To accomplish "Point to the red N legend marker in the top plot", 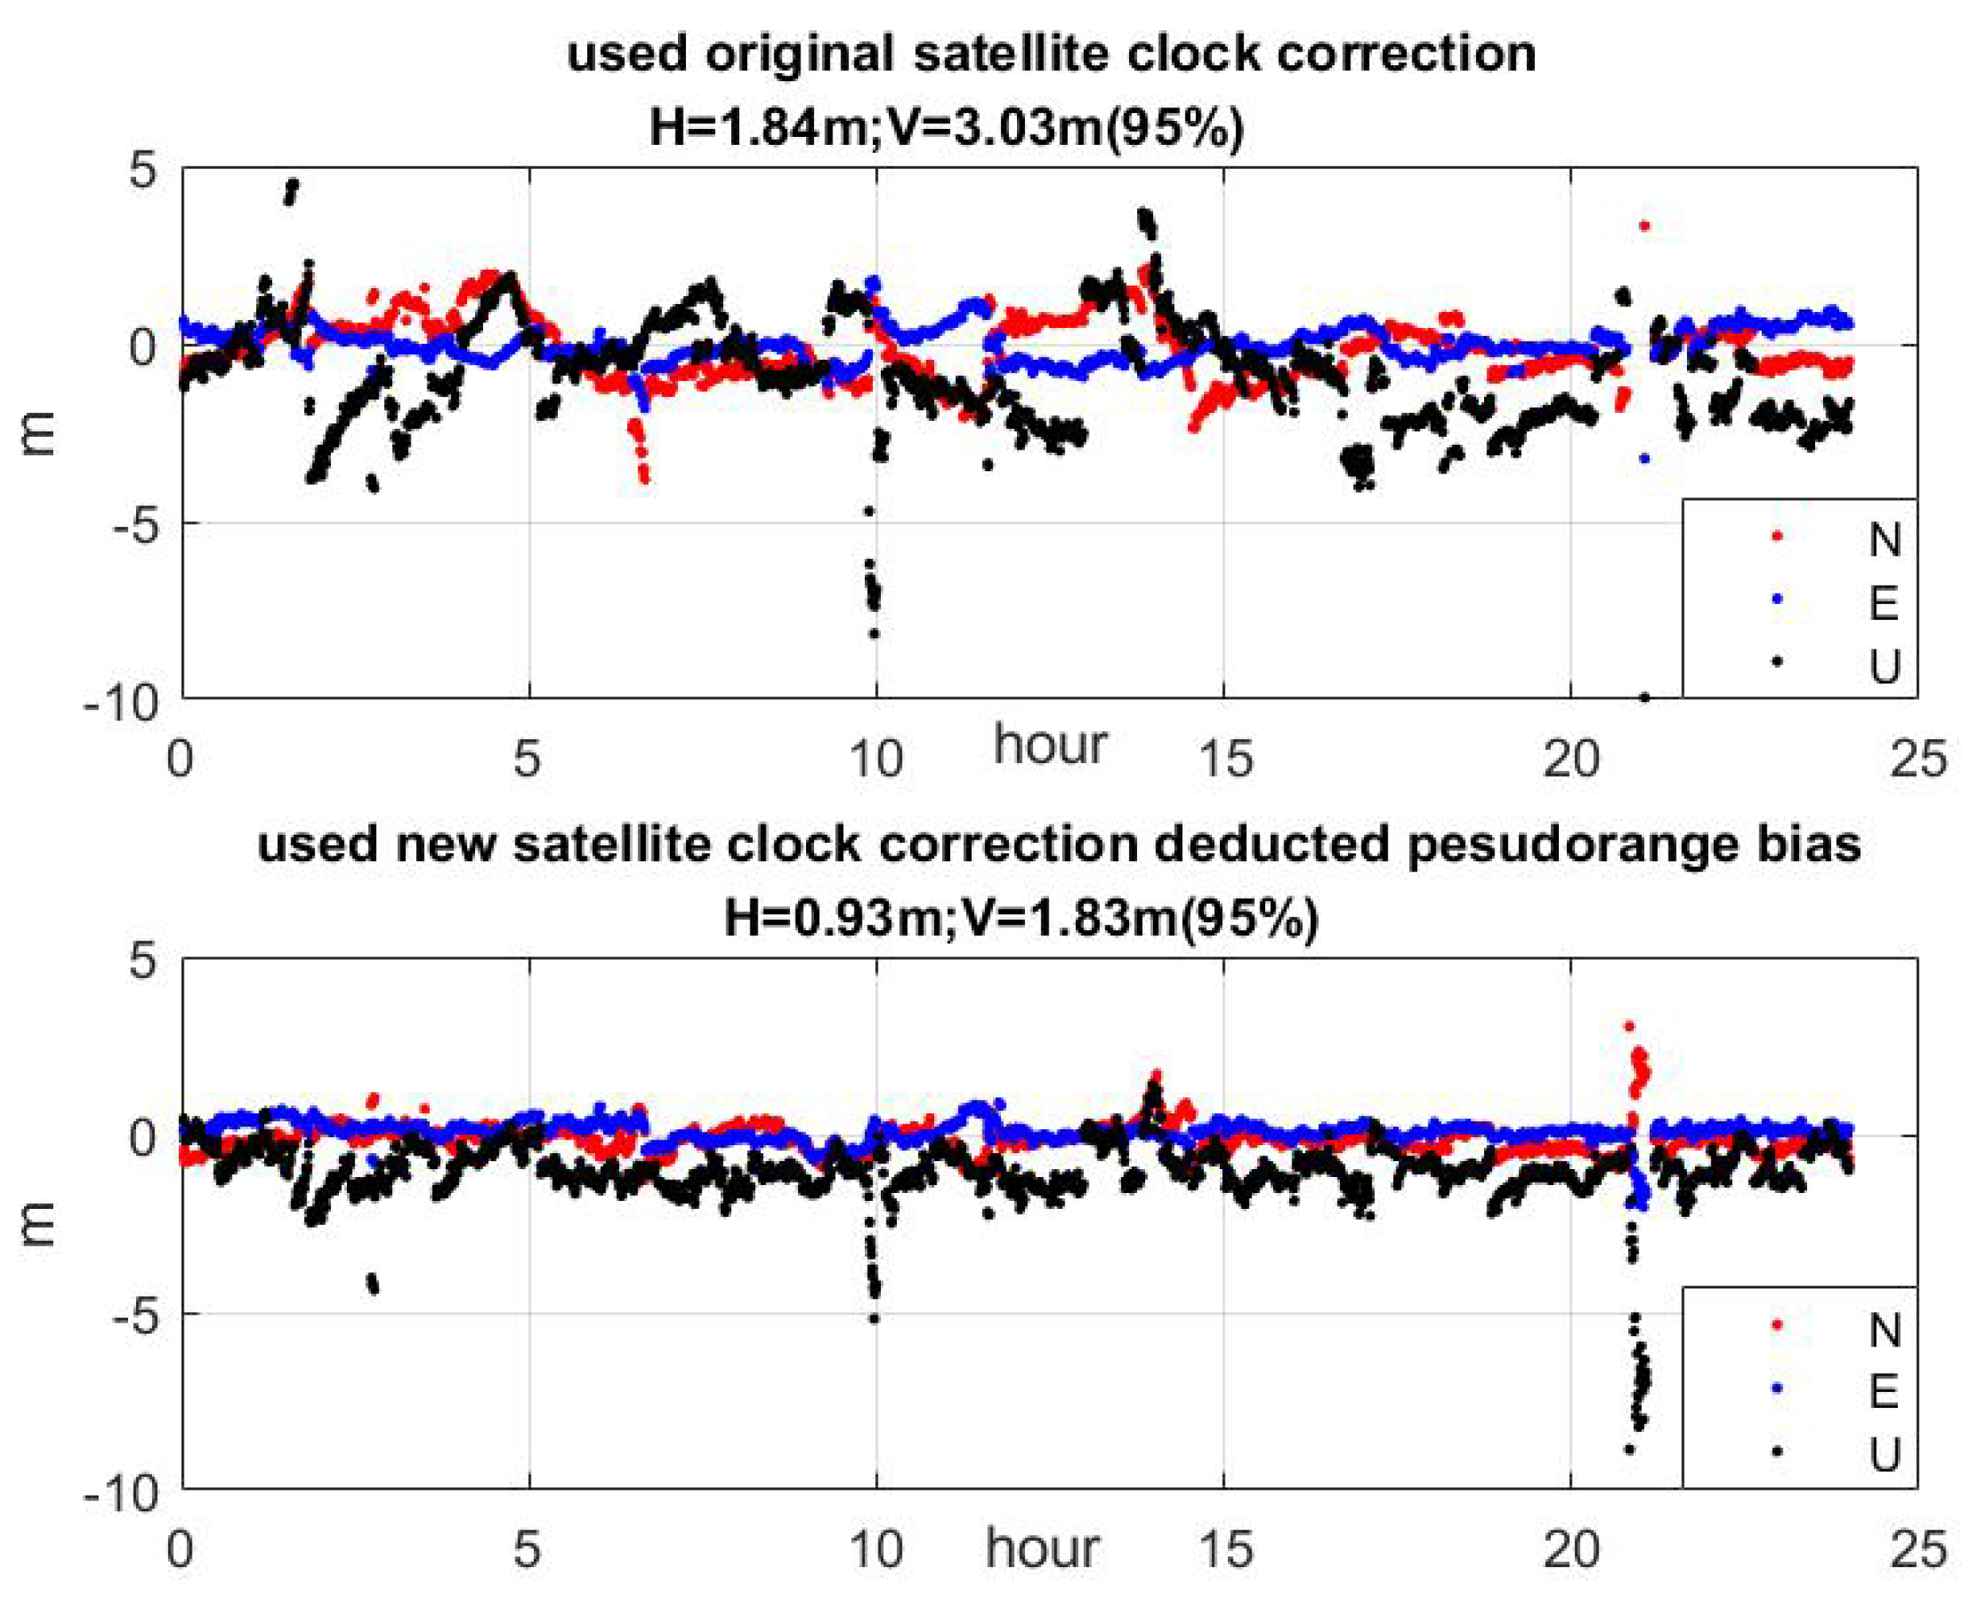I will [x=1776, y=536].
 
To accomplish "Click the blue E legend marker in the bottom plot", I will [x=1776, y=1388].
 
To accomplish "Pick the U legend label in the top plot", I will [x=1883, y=666].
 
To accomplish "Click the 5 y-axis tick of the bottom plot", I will [x=142, y=961].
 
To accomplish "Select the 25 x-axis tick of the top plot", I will [x=1917, y=758].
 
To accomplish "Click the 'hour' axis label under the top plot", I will [x=1049, y=746].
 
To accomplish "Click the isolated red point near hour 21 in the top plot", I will [x=1644, y=224].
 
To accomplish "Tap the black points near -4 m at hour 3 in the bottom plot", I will [x=372, y=1283].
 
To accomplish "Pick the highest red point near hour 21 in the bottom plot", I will [x=1629, y=1026].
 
